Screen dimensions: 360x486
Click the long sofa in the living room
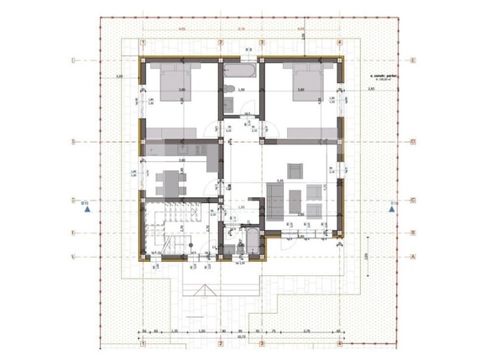tap(274, 202)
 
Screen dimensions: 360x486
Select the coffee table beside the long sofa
tap(294, 200)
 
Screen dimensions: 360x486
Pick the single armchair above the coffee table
tap(297, 168)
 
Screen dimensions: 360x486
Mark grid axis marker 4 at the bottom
tap(340, 342)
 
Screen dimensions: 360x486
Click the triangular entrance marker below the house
tap(202, 290)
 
